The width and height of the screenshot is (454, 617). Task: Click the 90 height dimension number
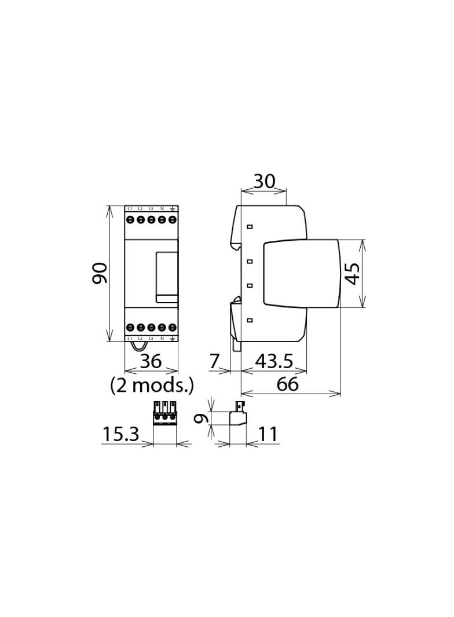tap(100, 273)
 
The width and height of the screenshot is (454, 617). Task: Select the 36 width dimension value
tap(151, 362)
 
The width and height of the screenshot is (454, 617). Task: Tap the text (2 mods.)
tap(152, 385)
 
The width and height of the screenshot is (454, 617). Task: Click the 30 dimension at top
tap(264, 182)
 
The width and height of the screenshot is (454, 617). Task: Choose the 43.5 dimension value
tap(274, 362)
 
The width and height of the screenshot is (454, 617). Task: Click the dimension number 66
tap(287, 384)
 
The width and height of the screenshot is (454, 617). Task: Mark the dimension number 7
tap(214, 362)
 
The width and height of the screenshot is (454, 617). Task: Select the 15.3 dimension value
tap(121, 434)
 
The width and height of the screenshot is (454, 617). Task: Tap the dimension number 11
tap(268, 434)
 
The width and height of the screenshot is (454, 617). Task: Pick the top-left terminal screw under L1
tap(130, 220)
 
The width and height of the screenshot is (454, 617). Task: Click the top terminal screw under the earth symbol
tap(173, 220)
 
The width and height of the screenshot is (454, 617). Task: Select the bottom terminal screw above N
tap(162, 328)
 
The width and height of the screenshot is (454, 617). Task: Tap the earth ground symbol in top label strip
tap(173, 208)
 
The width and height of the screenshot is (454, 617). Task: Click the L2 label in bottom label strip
tap(140, 338)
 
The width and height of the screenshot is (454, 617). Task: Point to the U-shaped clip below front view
tap(138, 346)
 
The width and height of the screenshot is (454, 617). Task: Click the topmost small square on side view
tap(250, 227)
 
